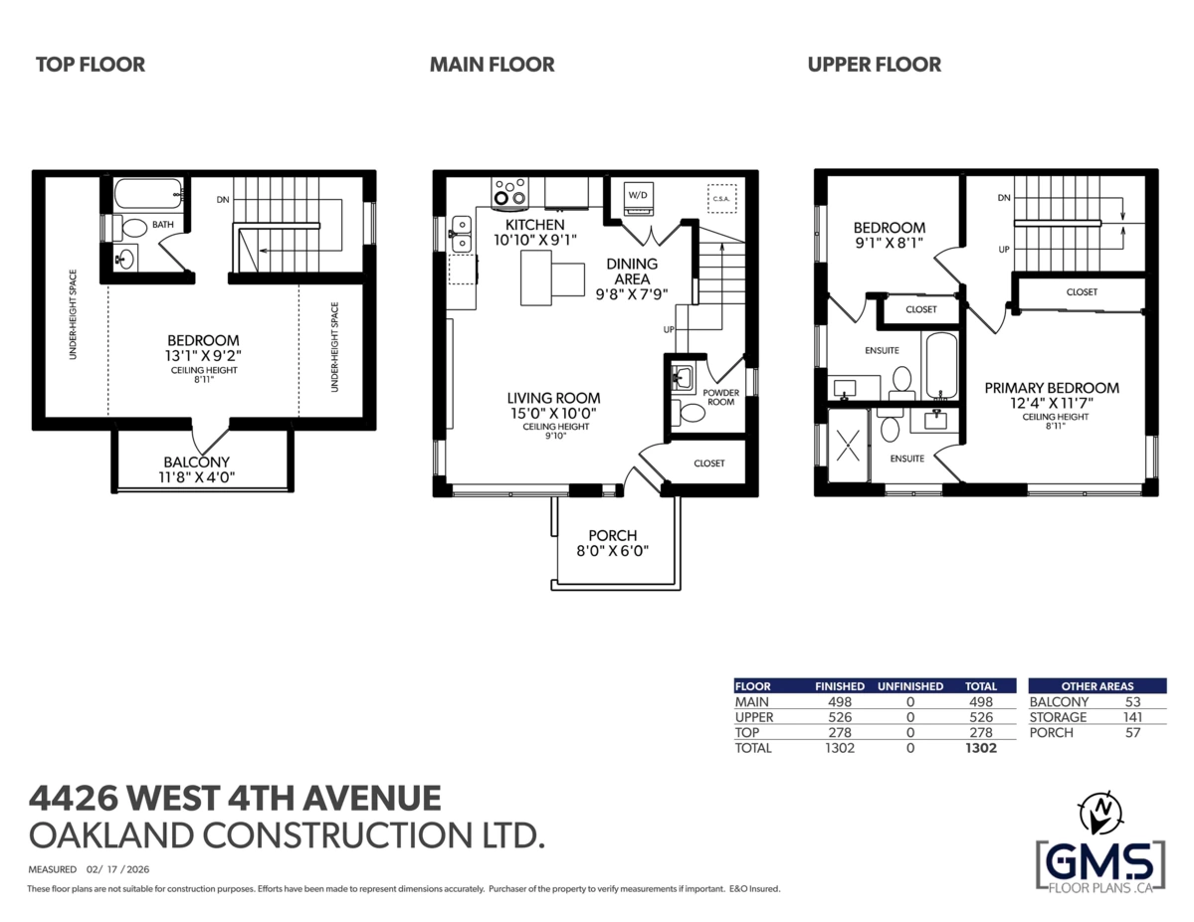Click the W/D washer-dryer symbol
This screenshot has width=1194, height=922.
tap(638, 199)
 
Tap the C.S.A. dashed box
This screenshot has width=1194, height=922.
tap(721, 198)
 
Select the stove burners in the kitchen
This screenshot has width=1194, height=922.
tap(509, 193)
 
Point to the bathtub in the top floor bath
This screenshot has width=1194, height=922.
tap(148, 193)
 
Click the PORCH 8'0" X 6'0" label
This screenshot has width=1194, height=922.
tap(613, 543)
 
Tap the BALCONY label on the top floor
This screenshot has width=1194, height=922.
tap(197, 461)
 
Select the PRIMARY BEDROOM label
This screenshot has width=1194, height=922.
tap(1052, 388)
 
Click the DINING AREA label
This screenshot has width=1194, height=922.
tap(632, 272)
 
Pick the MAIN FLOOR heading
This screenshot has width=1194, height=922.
tap(492, 65)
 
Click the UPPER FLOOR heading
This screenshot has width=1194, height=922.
tap(875, 65)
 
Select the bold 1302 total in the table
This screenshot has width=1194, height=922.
tap(981, 747)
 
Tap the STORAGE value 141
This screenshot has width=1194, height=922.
tap(1132, 717)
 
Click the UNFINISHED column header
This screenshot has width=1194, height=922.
tap(910, 686)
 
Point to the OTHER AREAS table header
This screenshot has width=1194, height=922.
tap(1097, 686)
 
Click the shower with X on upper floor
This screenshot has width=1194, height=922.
tap(848, 446)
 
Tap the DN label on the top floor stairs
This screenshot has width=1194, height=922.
tap(223, 199)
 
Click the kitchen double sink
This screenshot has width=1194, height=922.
tap(461, 234)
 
